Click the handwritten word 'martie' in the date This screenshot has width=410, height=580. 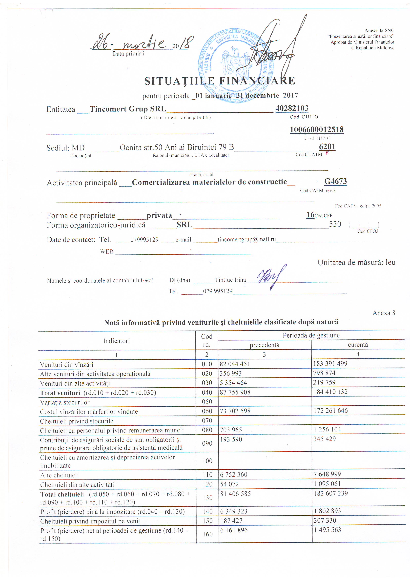coord(144,43)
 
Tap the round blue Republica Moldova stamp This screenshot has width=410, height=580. coord(234,64)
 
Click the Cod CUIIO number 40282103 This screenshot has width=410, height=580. coord(292,108)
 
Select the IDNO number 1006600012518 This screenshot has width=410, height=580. coord(317,129)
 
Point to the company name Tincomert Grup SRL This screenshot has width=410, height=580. coord(128,109)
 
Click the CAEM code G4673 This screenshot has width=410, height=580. coord(335,181)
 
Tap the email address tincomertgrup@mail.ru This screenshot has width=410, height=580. coord(246,239)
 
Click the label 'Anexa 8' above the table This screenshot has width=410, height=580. coord(384,313)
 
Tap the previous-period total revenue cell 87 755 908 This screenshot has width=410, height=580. coord(235,392)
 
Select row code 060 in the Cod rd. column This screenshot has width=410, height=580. coord(207,411)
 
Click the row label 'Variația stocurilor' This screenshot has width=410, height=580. coord(65,402)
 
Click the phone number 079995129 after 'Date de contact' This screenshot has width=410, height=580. coord(144,239)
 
